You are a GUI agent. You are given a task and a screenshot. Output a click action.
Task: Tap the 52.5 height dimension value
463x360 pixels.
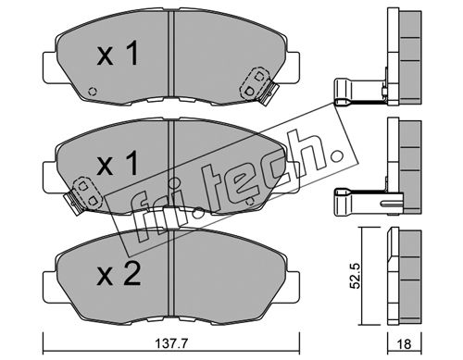point(356,276)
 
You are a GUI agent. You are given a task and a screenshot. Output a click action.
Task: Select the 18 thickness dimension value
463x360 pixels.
point(404,343)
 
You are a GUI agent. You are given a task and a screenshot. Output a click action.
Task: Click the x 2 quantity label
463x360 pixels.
point(119,274)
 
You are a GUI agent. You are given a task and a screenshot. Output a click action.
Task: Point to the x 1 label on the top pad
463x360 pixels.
point(117,54)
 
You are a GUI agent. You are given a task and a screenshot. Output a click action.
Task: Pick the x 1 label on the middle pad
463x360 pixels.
point(117,164)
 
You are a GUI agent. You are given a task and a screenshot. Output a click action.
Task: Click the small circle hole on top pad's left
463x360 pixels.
point(92,92)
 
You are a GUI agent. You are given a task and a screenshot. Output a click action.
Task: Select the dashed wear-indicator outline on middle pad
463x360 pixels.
point(87,192)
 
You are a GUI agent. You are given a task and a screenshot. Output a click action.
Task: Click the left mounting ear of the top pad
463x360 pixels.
point(50,68)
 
